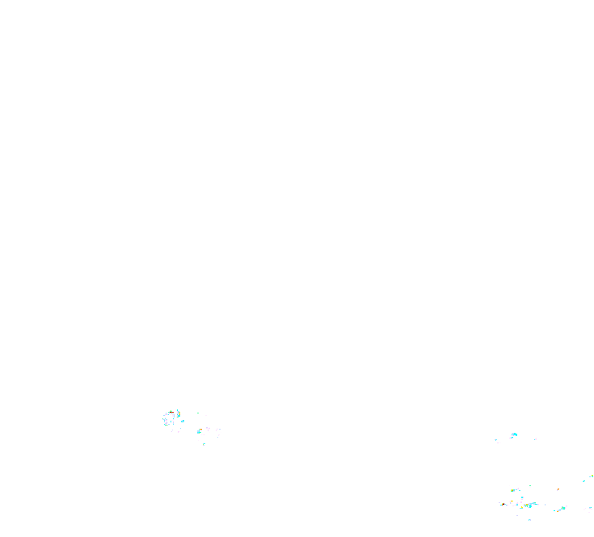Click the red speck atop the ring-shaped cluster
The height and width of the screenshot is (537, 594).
pos(172,413)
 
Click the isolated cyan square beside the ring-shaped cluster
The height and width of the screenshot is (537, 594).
pos(183,421)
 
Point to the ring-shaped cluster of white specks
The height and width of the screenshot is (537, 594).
pos(169,419)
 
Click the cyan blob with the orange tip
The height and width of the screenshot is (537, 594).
pos(200,430)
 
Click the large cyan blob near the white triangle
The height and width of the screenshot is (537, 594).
pos(513,435)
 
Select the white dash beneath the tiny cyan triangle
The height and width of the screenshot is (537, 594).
pos(498,443)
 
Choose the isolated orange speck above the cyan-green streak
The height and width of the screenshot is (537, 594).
pos(558,489)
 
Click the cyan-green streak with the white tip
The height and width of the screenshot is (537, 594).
pos(562,508)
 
